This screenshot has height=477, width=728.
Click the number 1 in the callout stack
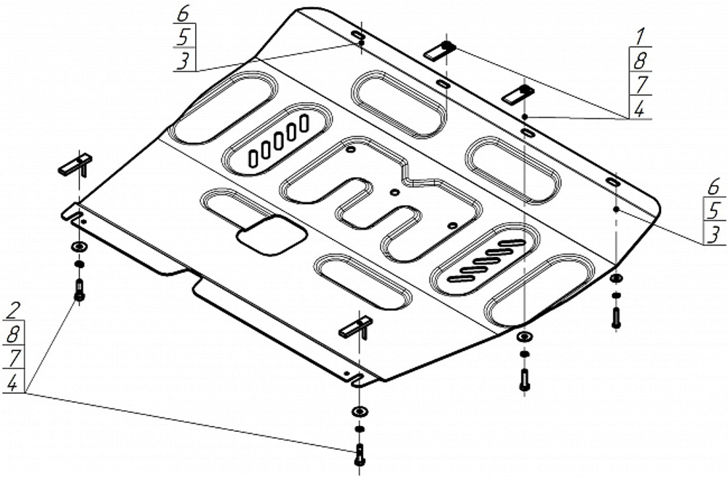[x=641, y=34]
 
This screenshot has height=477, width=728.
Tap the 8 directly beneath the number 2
[x=12, y=334]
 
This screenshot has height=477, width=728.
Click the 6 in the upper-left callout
[x=184, y=14]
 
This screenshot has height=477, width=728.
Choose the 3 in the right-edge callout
[x=714, y=234]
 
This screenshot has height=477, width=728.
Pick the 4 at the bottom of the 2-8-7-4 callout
[x=12, y=382]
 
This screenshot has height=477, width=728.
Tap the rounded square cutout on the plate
[x=270, y=234]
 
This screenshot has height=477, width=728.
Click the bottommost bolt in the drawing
[x=358, y=453]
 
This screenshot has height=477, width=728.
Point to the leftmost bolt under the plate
[x=79, y=290]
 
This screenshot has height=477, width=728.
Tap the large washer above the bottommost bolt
[x=359, y=411]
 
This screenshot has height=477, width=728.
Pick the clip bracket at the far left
[x=76, y=165]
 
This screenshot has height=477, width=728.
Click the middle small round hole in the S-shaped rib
[x=395, y=192]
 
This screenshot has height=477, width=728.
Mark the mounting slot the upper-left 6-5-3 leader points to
[x=358, y=36]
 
